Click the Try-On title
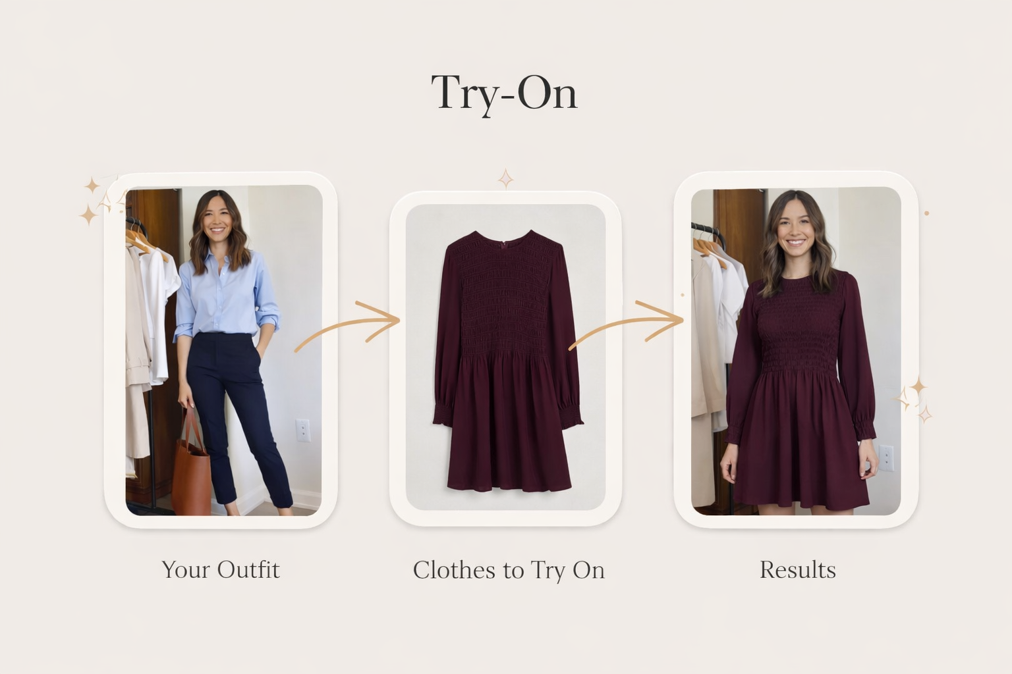[504, 93]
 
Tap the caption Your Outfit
[221, 569]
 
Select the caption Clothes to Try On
[509, 570]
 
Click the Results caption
[797, 569]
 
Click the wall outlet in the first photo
[302, 430]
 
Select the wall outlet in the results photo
[887, 457]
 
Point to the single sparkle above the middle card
[505, 178]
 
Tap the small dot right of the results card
[926, 213]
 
